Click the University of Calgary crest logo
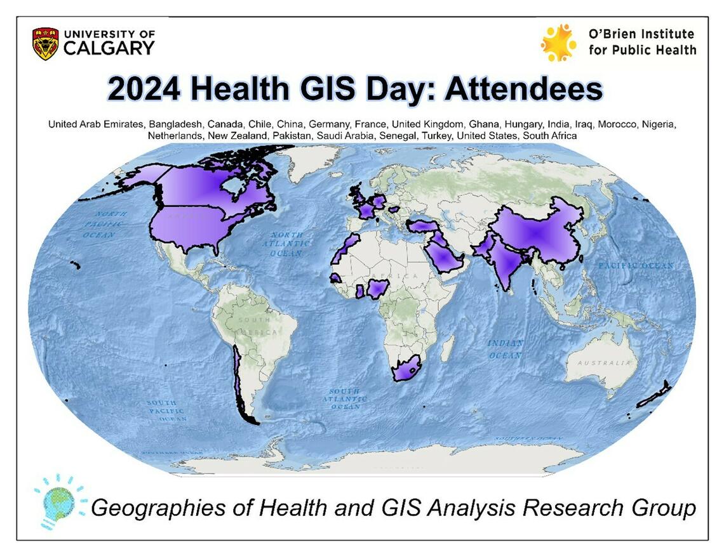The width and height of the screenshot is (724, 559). coord(45,43)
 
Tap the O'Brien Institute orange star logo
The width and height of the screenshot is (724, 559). coord(558,43)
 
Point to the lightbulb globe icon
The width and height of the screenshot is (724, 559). coord(59,501)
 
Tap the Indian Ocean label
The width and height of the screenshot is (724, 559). coord(506,349)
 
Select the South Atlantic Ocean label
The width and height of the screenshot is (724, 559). coord(344,398)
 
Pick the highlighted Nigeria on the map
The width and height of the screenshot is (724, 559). coord(379,290)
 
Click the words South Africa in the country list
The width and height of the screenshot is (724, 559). coord(550,136)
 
